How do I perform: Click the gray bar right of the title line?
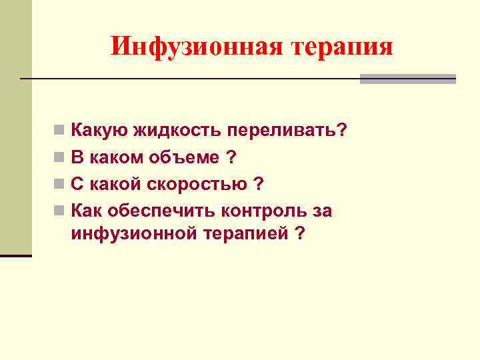pos(407,79)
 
